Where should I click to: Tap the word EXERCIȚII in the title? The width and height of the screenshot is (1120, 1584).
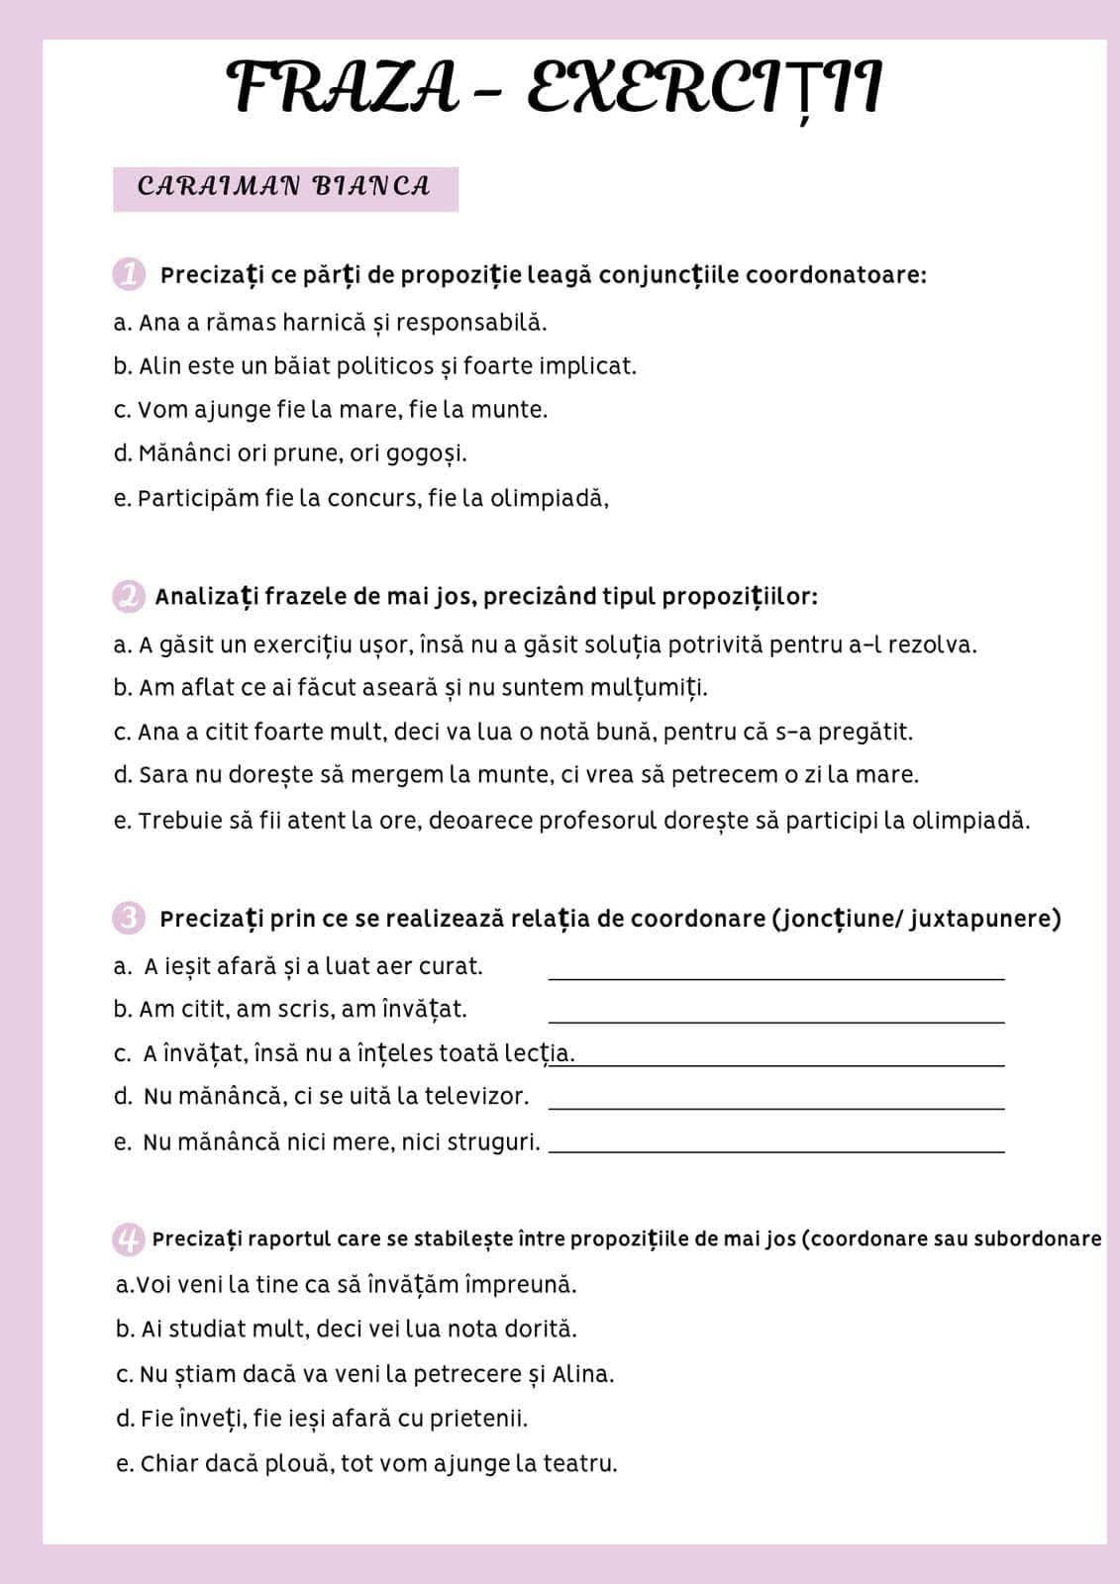[704, 87]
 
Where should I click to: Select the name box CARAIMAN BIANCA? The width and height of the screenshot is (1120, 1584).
[285, 188]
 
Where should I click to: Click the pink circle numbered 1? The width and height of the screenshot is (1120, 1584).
[129, 274]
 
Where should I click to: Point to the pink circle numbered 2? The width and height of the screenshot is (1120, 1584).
[129, 597]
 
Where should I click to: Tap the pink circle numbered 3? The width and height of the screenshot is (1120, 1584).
[129, 919]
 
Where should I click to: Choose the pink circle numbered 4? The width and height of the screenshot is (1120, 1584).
[129, 1238]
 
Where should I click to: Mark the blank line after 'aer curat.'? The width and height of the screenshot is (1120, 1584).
[776, 977]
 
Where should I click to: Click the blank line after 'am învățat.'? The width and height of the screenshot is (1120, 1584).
[776, 1021]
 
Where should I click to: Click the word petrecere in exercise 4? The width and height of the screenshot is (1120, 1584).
[465, 1374]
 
